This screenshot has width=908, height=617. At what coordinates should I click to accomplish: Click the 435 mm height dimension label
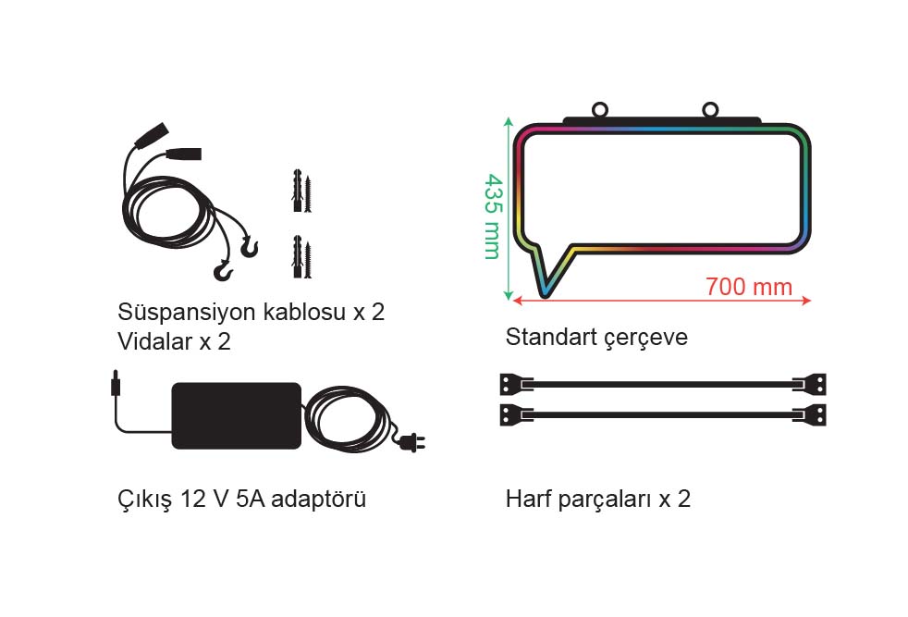click(x=493, y=216)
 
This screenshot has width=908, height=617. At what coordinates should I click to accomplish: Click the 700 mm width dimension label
click(x=749, y=287)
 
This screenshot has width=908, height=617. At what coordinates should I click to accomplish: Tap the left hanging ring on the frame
click(x=600, y=109)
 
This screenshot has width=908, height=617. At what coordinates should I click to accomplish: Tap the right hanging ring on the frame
click(x=710, y=109)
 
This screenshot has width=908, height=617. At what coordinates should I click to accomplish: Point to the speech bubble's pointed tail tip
click(x=545, y=295)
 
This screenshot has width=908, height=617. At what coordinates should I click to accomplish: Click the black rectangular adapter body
click(x=237, y=415)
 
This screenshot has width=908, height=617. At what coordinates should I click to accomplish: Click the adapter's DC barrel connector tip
click(x=115, y=383)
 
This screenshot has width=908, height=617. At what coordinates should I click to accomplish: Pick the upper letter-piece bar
click(x=663, y=384)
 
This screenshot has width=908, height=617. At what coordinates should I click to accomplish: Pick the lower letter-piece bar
click(x=663, y=414)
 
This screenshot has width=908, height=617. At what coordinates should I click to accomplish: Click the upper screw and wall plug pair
click(x=301, y=191)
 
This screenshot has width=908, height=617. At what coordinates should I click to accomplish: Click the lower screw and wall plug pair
click(x=301, y=256)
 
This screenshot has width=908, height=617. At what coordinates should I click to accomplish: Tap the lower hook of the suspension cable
click(x=224, y=270)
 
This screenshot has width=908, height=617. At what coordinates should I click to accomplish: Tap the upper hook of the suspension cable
click(x=249, y=247)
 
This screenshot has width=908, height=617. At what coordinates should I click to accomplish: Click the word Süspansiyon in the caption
click(x=187, y=313)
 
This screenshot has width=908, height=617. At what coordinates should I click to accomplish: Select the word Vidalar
click(x=154, y=341)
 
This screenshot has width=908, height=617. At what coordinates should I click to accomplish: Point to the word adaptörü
click(x=318, y=499)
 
